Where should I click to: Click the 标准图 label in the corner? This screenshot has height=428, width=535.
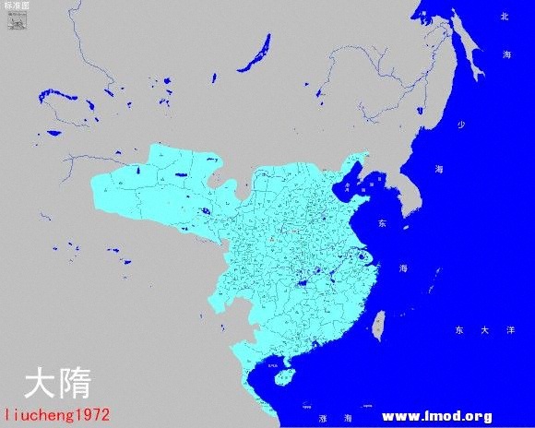17,6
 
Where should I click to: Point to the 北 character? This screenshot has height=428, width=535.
504,17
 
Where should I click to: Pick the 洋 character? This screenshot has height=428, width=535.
510,329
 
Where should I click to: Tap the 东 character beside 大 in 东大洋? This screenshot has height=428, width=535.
458,329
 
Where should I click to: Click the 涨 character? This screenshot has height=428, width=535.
323,417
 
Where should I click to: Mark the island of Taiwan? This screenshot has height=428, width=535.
377,322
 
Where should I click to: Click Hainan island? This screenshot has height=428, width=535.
285,375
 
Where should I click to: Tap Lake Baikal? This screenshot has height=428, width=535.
255,53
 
